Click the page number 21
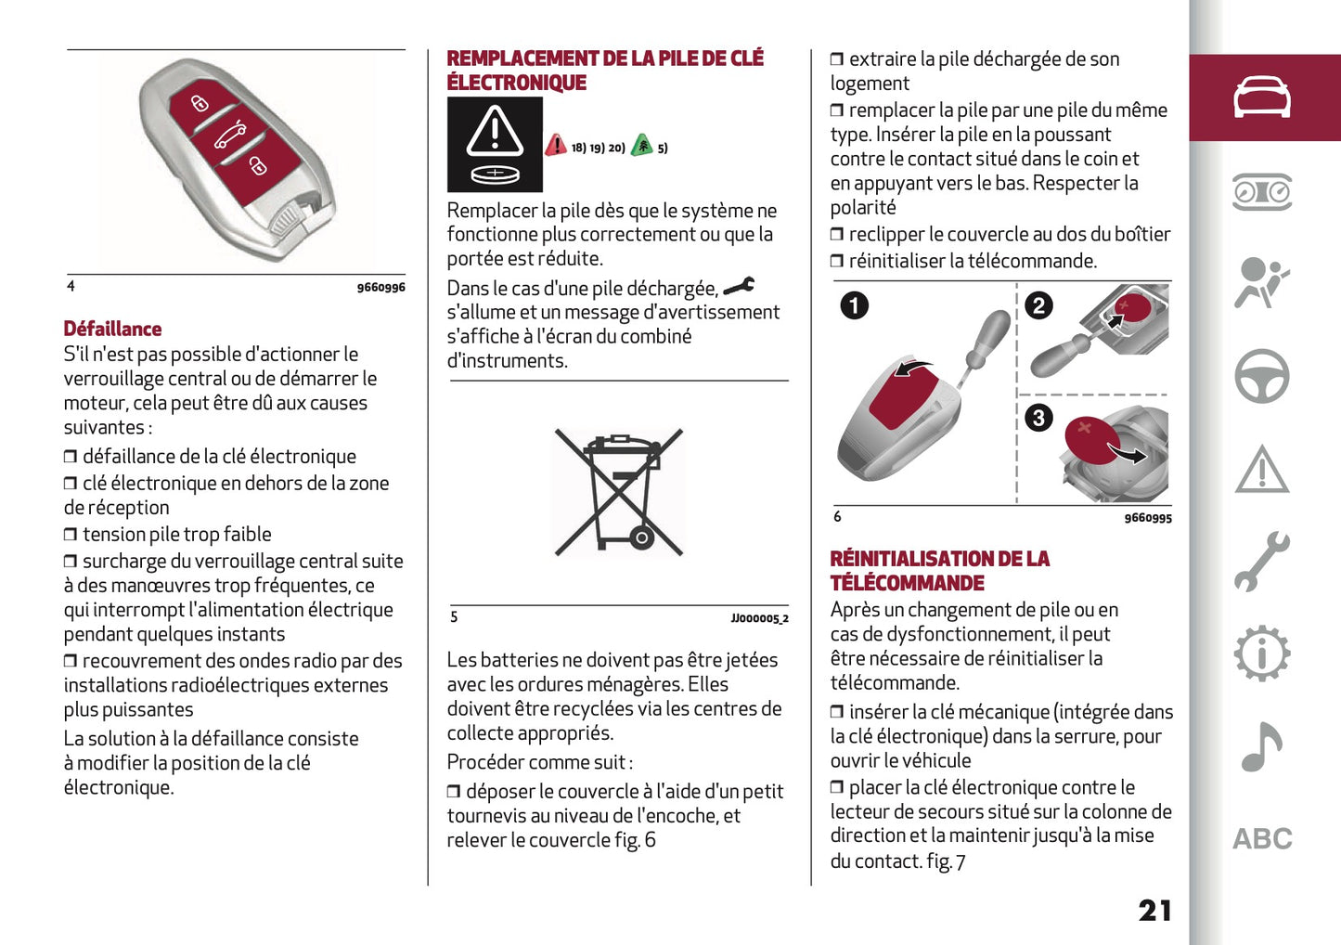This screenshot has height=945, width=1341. [1154, 911]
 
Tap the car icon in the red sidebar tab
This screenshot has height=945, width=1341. [1261, 97]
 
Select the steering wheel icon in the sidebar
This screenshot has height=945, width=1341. [1261, 376]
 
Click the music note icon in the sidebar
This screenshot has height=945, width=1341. [1261, 747]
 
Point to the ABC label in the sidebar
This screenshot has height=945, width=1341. [1261, 839]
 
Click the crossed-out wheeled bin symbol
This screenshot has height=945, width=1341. [619, 492]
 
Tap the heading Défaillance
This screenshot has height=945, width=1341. [112, 329]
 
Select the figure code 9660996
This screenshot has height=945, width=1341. [380, 288]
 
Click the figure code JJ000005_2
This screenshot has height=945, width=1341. [759, 618]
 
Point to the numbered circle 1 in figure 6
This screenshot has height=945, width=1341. [854, 305]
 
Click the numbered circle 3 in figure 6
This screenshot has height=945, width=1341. [1038, 418]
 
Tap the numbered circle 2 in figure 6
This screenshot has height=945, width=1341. [1038, 305]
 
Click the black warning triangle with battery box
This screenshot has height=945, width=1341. [495, 145]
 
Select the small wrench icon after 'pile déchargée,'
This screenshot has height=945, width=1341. [739, 287]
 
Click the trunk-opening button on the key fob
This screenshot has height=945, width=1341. [229, 136]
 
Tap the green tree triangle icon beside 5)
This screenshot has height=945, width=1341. [641, 146]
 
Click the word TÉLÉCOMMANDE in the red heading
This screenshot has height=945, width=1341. [907, 583]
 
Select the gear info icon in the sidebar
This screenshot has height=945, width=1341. [1261, 654]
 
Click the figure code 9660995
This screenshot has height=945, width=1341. [1147, 518]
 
